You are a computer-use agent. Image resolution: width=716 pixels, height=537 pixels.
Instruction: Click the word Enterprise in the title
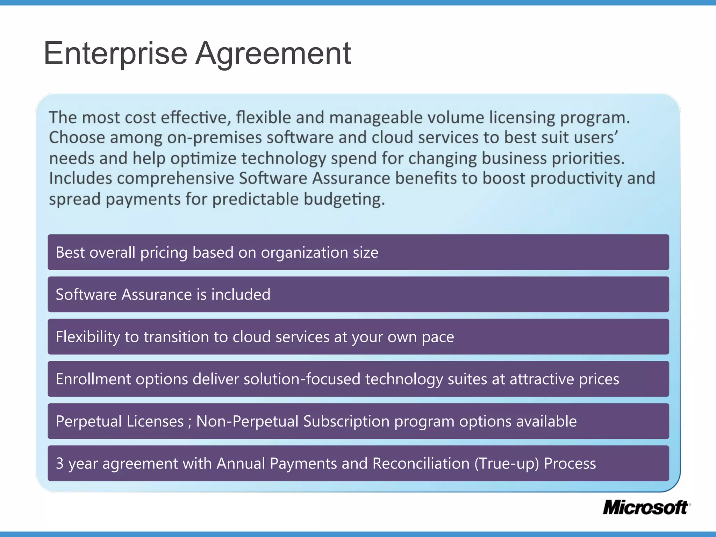click(115, 53)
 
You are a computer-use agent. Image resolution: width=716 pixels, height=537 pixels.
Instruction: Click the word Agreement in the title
click(273, 53)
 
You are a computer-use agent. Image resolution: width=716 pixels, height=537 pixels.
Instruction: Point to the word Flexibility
click(88, 337)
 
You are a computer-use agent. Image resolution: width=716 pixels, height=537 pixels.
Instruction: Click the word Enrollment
click(93, 379)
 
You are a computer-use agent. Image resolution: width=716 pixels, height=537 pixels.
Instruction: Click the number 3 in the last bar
click(60, 464)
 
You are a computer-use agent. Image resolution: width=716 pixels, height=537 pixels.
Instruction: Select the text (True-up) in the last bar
click(507, 464)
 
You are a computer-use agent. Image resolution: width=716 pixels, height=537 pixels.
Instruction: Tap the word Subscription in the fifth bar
click(346, 421)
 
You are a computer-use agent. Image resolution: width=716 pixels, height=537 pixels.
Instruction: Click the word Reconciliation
click(421, 464)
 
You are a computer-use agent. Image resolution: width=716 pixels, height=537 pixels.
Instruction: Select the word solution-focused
click(302, 379)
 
